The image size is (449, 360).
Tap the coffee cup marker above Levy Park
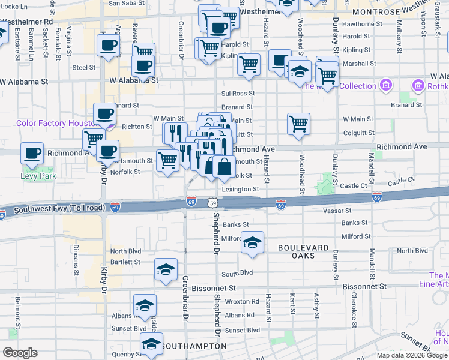[32, 153]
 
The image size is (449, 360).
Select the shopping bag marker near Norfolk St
[224, 167]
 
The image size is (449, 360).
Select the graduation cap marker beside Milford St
[252, 242]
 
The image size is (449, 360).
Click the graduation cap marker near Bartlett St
[166, 269]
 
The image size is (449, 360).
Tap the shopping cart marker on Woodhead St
[298, 124]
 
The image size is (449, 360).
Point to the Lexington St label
[240, 189]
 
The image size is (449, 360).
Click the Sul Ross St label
[238, 94]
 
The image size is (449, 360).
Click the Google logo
[20, 353]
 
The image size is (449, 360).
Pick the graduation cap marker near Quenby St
[151, 344]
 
